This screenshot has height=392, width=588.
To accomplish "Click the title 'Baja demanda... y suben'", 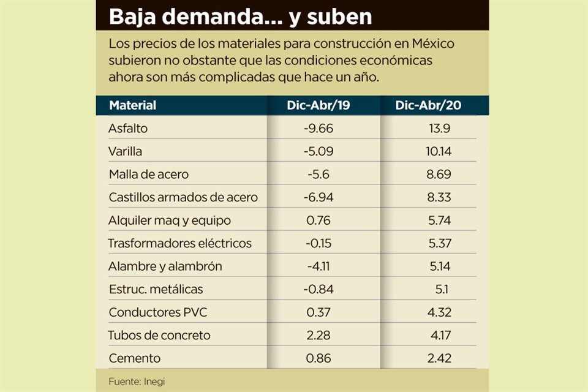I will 240,17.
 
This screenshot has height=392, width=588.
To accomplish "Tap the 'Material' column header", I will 132,105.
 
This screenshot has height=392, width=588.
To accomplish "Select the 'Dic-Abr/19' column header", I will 318,105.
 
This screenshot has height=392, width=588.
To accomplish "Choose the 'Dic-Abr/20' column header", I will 428,105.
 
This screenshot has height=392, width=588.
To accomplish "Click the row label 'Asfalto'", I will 128,129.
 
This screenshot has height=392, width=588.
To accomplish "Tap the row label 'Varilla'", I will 125,151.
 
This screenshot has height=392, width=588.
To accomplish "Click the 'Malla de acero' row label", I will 148,175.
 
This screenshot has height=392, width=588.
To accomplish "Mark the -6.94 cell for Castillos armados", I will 318,197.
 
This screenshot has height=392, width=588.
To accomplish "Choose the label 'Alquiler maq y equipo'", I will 170,221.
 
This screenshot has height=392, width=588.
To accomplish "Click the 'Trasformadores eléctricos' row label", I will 179,243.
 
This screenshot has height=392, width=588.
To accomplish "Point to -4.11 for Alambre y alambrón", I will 318,266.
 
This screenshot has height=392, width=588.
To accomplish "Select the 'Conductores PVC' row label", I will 157,312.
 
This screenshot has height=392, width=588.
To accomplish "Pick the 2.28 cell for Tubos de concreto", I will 318,335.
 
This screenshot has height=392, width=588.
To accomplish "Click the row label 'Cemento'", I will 134,358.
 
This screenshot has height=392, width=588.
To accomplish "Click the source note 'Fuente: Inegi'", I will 137,381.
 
